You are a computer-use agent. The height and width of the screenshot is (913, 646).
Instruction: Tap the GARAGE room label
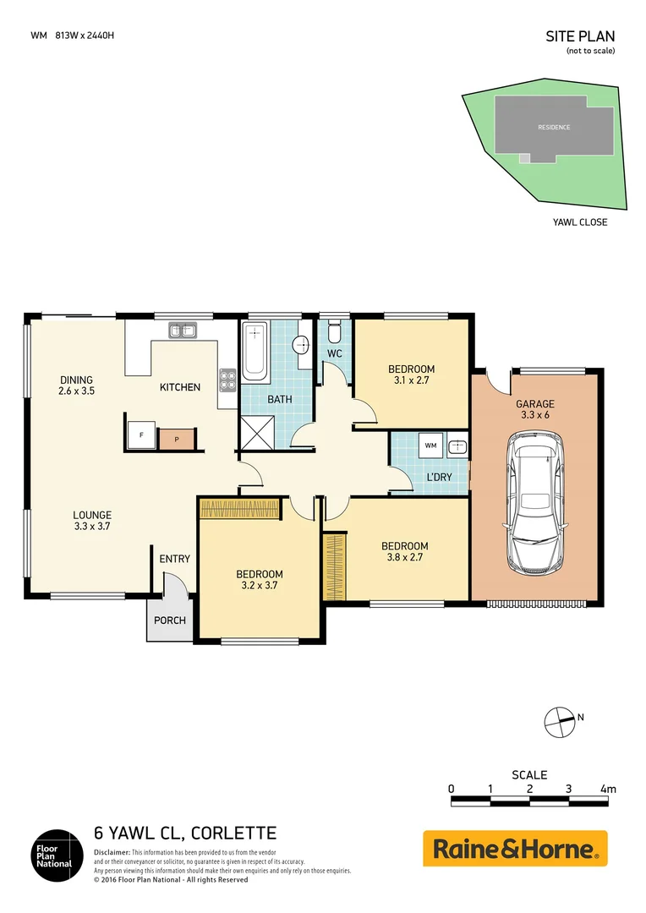pyautogui.click(x=534, y=404)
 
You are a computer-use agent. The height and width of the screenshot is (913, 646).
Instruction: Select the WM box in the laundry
pyautogui.click(x=430, y=446)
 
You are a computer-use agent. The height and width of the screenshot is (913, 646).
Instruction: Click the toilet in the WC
pyautogui.click(x=334, y=330)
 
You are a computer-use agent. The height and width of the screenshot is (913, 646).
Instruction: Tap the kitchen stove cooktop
pyautogui.click(x=227, y=380)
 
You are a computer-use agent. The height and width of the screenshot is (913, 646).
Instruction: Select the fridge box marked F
pyautogui.click(x=140, y=435)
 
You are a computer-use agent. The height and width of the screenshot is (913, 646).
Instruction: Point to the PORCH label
pyautogui.click(x=170, y=620)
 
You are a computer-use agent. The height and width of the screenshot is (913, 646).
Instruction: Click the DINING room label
pyautogui.click(x=76, y=380)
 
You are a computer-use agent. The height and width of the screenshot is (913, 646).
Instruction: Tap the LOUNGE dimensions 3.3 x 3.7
pyautogui.click(x=91, y=526)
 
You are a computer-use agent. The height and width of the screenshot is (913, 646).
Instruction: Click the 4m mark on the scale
pyautogui.click(x=607, y=789)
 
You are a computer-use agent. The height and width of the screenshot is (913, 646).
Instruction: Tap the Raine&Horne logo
pyautogui.click(x=515, y=848)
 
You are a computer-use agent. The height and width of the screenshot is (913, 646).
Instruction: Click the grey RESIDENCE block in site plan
pyautogui.click(x=554, y=127)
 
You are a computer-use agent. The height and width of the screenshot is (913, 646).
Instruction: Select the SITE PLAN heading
pyautogui.click(x=581, y=36)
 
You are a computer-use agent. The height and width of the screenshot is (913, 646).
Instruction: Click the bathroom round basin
pyautogui.click(x=301, y=345)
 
